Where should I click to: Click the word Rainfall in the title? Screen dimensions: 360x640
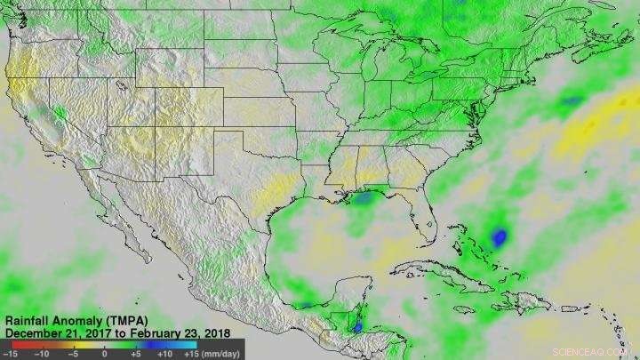tap(28, 320)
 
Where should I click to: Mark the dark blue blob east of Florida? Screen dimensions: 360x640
tap(500, 237)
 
